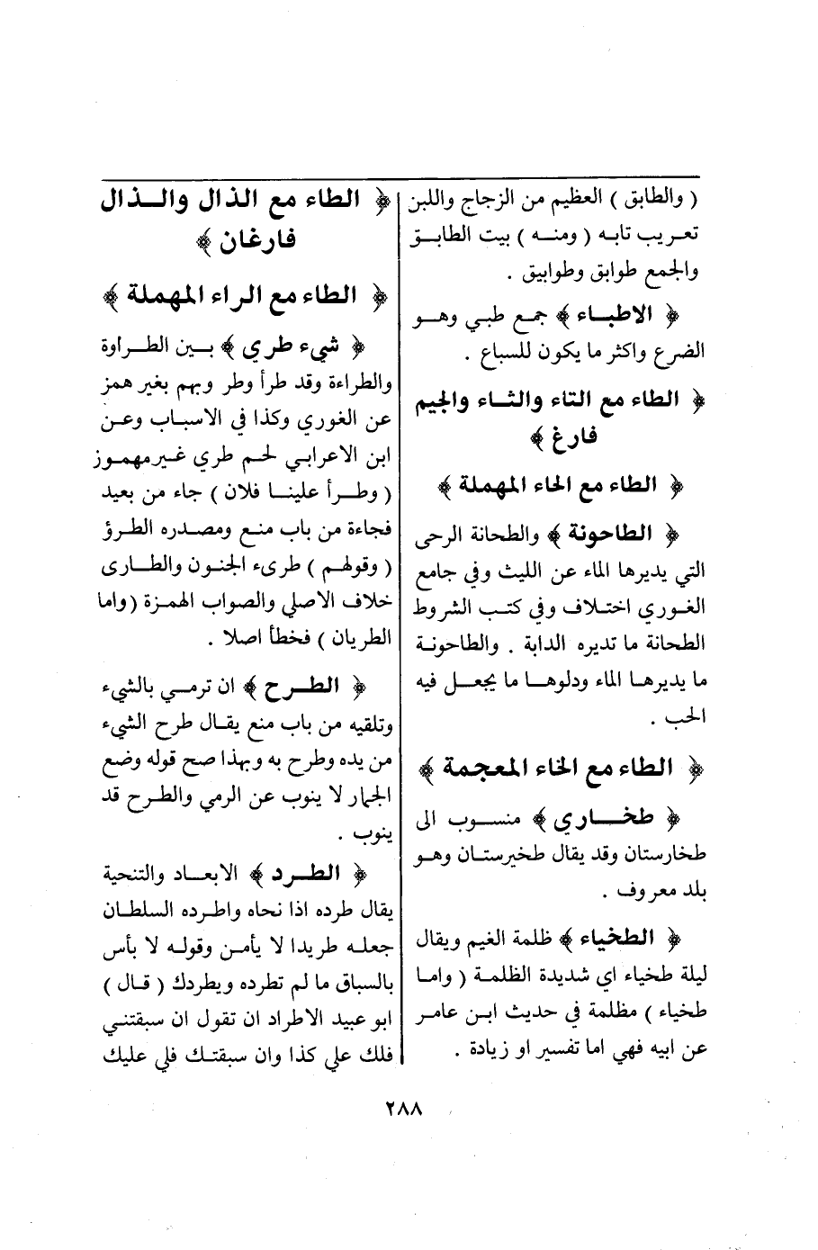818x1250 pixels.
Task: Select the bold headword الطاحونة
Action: point(639,534)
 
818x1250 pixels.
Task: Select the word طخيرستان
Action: point(494,850)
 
